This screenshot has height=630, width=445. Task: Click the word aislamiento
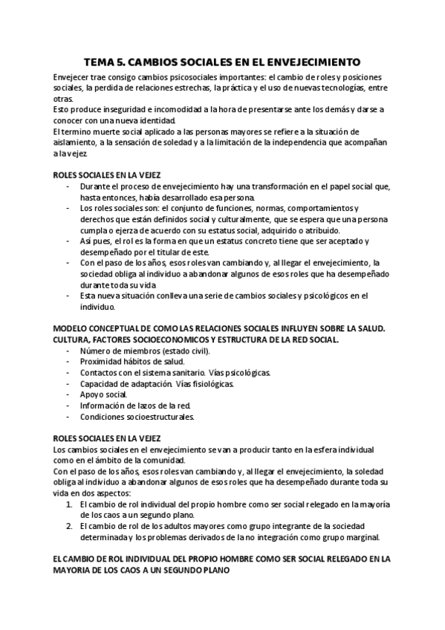[78, 142]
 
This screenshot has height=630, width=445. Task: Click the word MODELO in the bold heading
[72, 328]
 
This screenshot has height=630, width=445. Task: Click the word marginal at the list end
[362, 537]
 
